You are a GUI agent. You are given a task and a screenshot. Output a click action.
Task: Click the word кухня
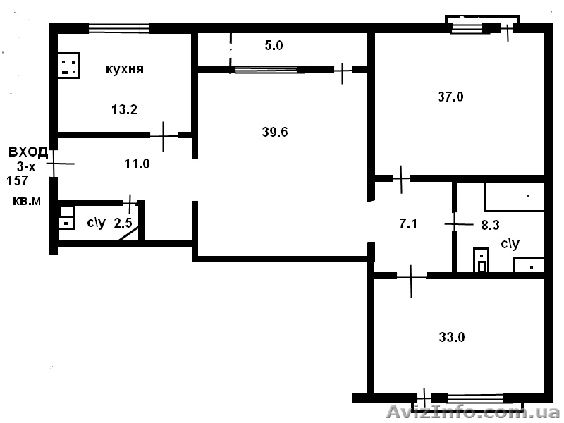tap(125, 68)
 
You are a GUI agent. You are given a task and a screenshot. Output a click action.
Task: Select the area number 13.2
tap(125, 109)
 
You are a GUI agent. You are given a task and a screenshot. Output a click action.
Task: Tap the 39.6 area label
tap(275, 132)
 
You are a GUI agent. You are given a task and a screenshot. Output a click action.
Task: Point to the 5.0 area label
tap(274, 45)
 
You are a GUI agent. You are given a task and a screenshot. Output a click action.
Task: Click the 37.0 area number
tap(450, 97)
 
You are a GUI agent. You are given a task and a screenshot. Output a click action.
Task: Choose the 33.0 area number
tap(452, 337)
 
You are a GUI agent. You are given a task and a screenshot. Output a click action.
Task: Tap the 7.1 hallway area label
tap(408, 223)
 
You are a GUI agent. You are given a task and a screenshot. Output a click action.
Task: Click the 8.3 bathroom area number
tap(490, 225)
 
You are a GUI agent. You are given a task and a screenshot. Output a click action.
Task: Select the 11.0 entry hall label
tap(137, 164)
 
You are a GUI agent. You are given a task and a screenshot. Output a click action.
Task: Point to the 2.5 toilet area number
tap(123, 223)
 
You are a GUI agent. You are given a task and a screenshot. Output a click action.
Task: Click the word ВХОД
tap(28, 152)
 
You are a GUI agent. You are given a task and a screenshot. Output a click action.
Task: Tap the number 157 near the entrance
tap(17, 180)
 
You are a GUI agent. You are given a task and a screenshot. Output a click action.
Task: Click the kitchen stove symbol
tap(68, 66)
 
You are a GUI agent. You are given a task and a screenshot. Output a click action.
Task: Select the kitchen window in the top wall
tap(118, 28)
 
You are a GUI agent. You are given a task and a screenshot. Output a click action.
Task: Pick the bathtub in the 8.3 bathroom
tap(515, 197)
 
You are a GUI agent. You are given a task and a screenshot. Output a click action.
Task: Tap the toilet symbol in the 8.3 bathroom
tap(482, 260)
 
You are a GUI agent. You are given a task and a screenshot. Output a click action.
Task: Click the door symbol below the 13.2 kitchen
tap(164, 136)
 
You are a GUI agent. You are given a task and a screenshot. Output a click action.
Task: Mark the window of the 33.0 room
tap(475, 398)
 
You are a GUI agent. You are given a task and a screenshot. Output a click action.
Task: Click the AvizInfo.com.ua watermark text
tap(473, 412)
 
